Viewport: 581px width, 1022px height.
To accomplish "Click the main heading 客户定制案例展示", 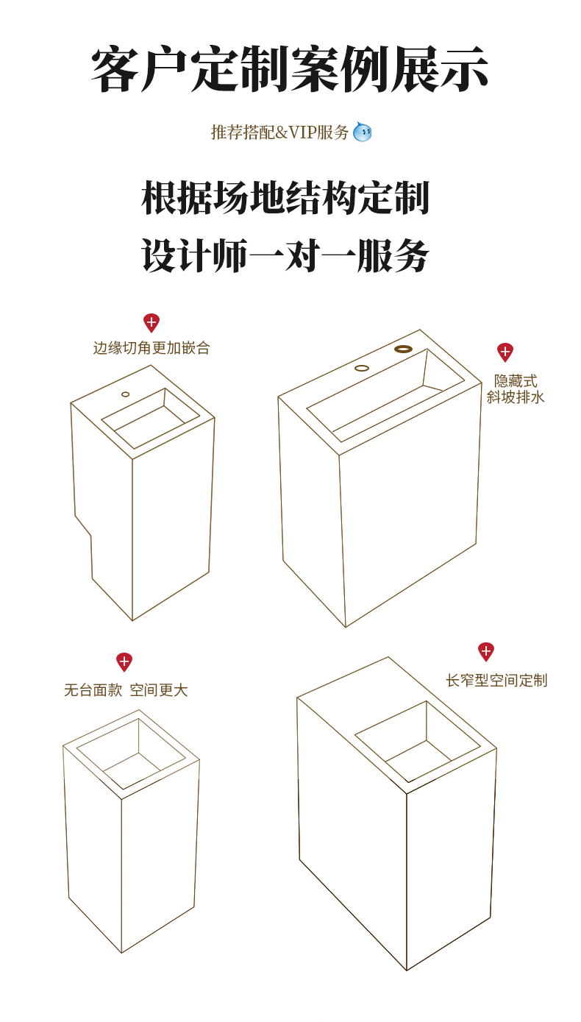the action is (290, 70).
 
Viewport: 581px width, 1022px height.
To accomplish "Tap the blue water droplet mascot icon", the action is (362, 132).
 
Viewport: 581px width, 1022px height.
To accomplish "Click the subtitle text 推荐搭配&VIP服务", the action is (280, 132).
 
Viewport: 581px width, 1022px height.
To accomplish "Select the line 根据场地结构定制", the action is (285, 198).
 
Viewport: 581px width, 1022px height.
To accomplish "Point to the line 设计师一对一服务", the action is (285, 255).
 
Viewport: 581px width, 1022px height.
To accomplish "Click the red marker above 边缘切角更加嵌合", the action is (152, 322).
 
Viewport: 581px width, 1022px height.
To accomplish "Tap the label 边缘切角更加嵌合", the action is (152, 348).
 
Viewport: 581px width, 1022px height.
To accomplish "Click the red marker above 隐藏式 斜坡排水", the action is (505, 352).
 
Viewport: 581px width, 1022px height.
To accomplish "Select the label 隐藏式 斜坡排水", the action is (516, 389).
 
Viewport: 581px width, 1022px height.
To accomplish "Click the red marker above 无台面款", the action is (124, 661).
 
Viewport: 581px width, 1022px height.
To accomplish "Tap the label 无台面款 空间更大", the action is (126, 690).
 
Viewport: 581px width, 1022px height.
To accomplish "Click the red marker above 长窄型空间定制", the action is (486, 651).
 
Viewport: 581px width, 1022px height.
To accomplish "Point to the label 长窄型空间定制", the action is (496, 681).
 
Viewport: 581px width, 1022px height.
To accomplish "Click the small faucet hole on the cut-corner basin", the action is (126, 394).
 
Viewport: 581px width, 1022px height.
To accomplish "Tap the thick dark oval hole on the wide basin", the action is (403, 349).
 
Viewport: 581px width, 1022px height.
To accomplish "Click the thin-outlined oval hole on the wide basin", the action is (362, 368).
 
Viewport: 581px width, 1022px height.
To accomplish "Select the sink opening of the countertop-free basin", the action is (131, 754).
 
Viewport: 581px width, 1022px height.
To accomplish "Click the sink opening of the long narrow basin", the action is (418, 742).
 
